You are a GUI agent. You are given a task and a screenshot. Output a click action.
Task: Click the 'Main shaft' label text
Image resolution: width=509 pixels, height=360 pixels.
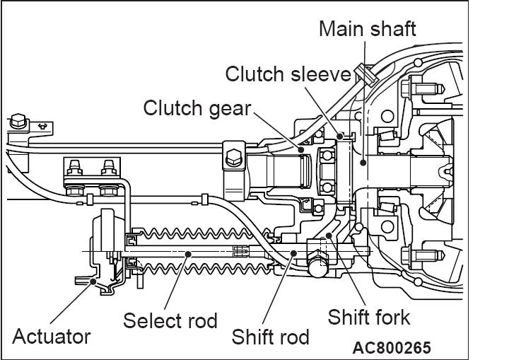[x=368, y=30]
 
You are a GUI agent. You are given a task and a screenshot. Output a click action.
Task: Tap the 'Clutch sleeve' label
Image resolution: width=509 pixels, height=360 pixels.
[x=288, y=74]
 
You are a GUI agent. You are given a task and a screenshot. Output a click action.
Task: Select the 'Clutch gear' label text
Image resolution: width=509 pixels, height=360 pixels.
[x=197, y=108]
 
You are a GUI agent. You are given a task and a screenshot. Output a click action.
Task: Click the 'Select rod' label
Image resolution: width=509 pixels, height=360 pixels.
[x=170, y=320]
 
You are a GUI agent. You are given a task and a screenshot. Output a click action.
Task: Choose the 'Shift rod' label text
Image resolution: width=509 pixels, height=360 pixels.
[x=271, y=337]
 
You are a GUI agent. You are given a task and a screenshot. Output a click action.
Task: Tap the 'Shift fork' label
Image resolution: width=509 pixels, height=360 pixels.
[x=368, y=316]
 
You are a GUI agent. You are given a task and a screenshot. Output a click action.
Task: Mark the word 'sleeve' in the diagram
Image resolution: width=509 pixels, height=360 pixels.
[x=318, y=74]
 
